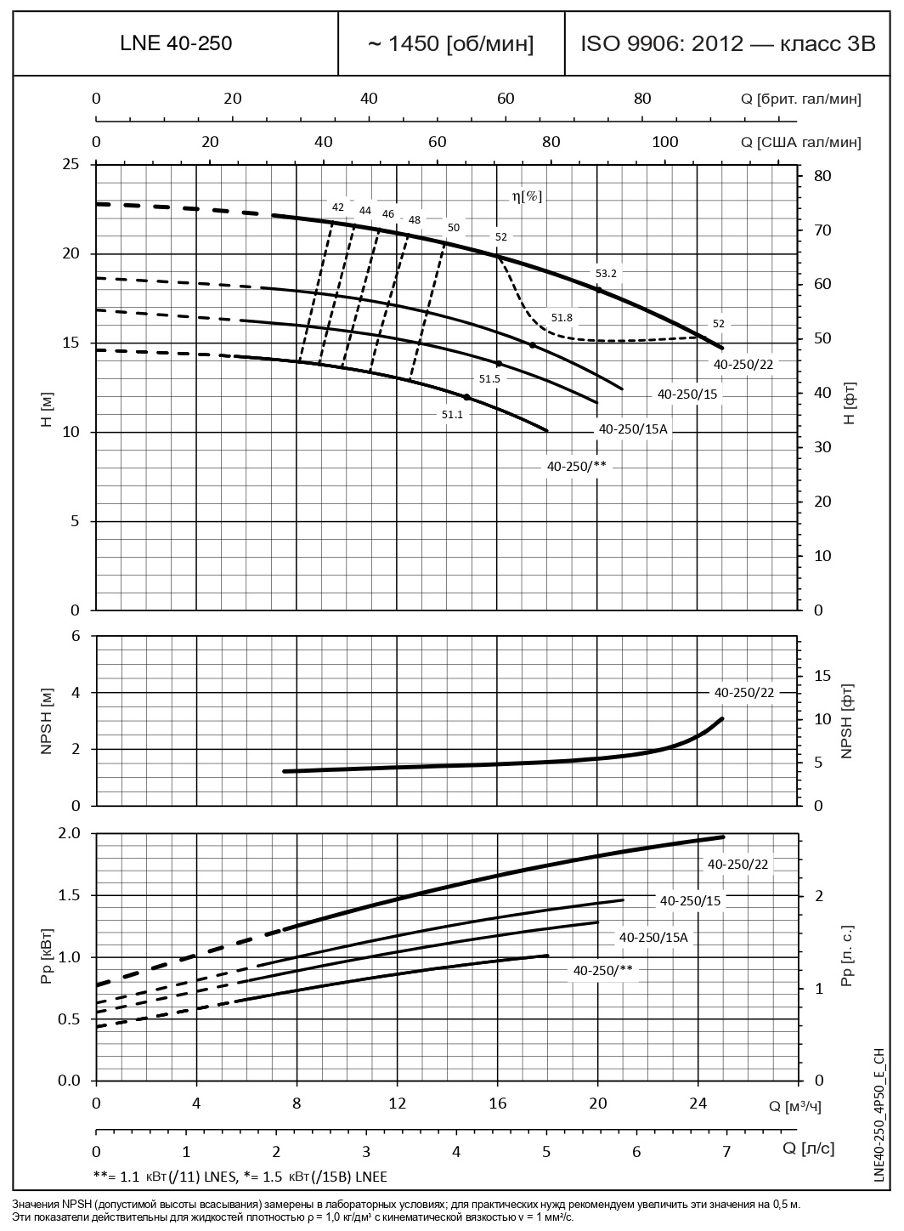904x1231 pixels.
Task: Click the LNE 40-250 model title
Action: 176,43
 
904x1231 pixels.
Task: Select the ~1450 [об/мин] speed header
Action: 451,43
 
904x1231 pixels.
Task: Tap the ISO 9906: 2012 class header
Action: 727,43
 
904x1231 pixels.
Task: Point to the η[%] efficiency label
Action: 526,196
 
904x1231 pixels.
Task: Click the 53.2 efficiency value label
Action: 606,273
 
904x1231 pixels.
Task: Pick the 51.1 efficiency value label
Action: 451,413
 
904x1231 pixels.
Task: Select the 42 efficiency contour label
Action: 338,207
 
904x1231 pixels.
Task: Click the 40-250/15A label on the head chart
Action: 634,429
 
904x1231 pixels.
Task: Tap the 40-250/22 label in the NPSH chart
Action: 744,693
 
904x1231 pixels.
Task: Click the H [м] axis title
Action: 48,411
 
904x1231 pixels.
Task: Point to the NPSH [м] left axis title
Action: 48,720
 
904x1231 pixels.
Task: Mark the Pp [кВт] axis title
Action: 48,957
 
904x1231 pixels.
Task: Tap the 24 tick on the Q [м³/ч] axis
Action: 698,1103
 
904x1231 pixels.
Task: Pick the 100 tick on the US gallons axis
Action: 664,141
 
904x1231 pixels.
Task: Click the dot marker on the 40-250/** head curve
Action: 466,397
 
